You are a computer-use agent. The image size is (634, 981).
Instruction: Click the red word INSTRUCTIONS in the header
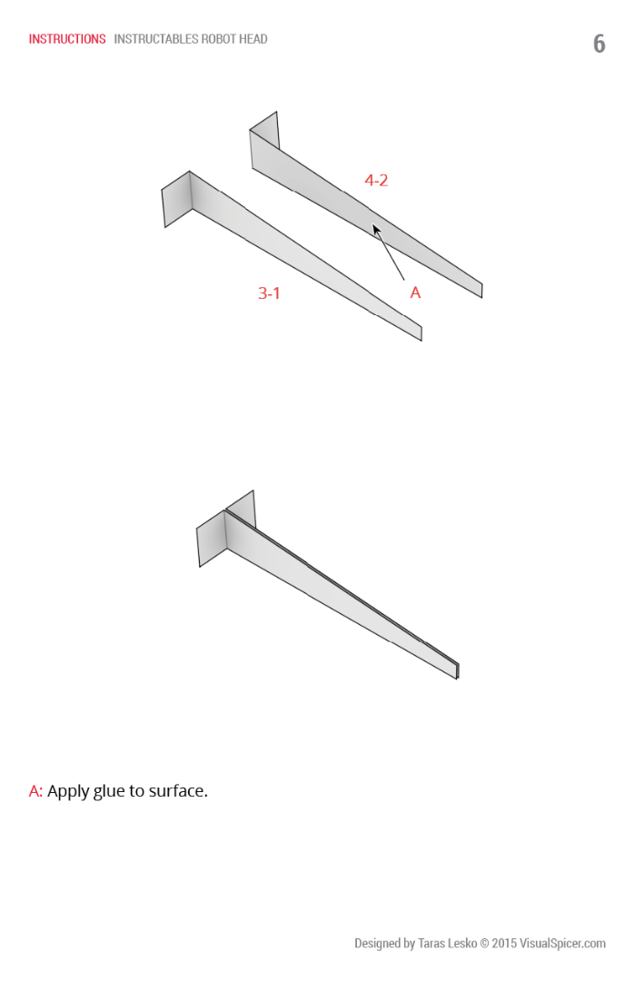67,39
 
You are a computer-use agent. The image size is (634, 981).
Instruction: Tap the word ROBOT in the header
216,39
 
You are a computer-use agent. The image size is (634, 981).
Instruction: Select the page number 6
599,44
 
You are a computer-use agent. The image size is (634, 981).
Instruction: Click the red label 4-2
376,180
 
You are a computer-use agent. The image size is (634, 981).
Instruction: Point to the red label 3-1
269,292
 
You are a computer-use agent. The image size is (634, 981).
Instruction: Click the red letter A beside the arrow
415,292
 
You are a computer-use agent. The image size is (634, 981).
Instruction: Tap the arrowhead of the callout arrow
376,230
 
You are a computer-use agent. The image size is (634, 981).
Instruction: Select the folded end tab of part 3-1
176,199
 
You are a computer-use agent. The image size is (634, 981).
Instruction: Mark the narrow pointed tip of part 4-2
480,291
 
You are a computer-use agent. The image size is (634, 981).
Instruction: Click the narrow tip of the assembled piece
457,671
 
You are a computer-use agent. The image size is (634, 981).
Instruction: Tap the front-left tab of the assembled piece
212,539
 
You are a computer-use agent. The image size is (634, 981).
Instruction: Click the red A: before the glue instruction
35,791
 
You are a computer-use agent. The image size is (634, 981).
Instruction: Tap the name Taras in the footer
431,943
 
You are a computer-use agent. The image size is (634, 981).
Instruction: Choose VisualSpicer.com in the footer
562,944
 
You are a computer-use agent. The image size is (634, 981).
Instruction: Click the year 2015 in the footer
504,943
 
